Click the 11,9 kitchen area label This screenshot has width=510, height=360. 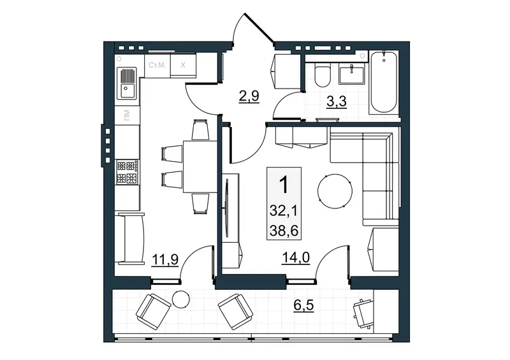coord(165,261)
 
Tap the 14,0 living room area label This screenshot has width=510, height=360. coord(295,259)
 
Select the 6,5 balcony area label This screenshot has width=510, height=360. coord(304,306)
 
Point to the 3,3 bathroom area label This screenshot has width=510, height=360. coord(337,101)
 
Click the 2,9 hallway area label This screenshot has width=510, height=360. coord(249,97)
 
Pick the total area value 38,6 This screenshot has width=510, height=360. coord(284,231)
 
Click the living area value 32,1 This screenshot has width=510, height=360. coord(284,212)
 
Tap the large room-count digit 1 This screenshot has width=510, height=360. coord(284,185)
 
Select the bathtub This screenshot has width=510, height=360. coord(384,82)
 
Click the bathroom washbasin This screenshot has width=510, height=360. coord(351,73)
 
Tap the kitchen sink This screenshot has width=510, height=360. coord(126,83)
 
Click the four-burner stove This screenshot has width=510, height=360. coord(127,172)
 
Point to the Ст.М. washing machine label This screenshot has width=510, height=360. coord(157,65)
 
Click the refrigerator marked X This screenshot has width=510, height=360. coord(183,65)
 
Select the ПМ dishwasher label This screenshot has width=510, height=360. coord(127,115)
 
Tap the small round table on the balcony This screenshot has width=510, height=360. coord(181,299)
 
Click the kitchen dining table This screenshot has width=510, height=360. coord(200,166)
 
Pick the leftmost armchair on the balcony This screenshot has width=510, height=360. coord(153,309)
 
